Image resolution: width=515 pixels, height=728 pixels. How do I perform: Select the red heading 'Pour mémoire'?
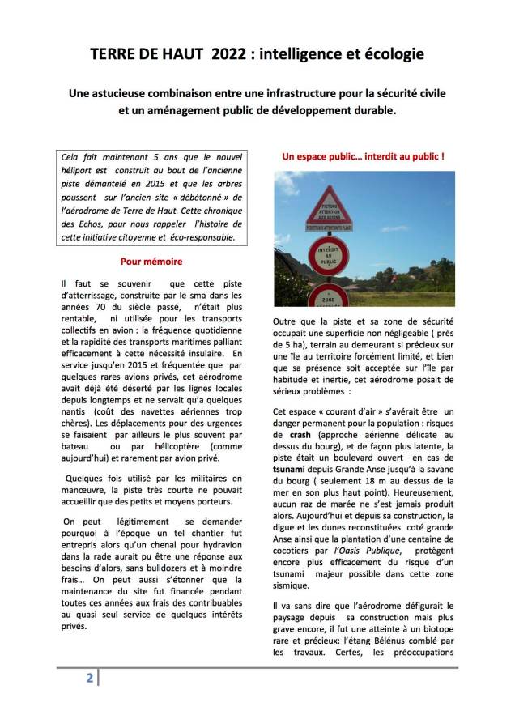tap(151, 262)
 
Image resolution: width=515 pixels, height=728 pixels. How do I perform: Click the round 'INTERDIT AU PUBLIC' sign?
tap(328, 255)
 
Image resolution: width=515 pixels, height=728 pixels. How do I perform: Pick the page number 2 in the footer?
tap(90, 678)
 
